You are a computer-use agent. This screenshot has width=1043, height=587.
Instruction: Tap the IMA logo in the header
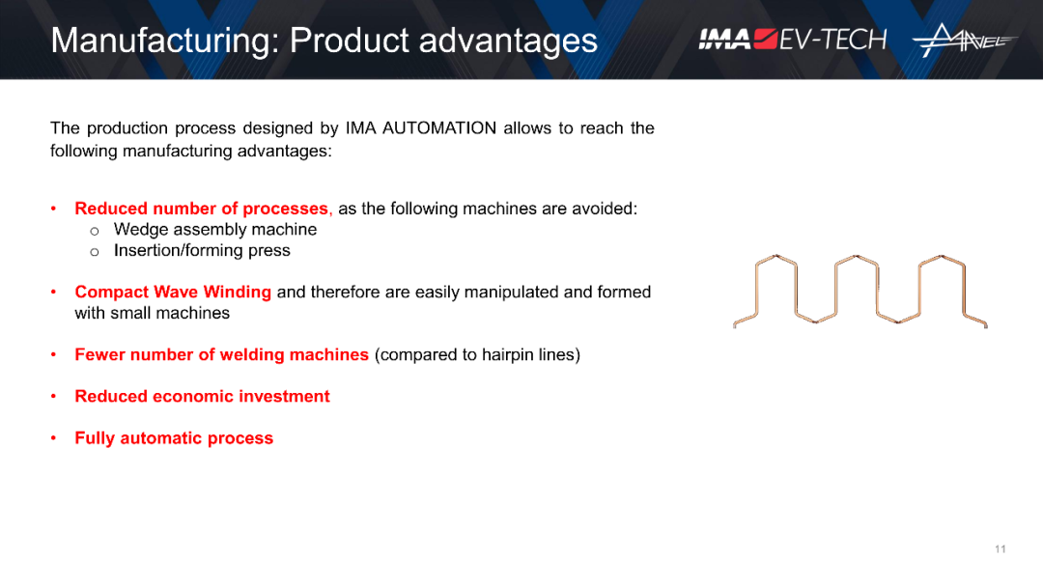click(x=738, y=40)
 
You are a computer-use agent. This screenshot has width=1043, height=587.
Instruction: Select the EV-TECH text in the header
click(x=832, y=40)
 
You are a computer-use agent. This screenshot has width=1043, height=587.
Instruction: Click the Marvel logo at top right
click(x=964, y=40)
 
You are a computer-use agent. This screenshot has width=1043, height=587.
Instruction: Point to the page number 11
click(x=1000, y=549)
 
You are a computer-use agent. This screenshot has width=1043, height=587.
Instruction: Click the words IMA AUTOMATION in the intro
click(x=420, y=127)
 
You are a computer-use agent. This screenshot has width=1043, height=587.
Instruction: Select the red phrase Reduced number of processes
click(x=202, y=209)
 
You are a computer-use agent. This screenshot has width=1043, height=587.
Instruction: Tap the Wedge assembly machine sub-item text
click(x=214, y=230)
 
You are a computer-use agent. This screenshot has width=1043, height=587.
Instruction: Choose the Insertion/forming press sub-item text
click(x=202, y=251)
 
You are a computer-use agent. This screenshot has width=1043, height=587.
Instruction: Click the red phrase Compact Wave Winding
click(x=173, y=292)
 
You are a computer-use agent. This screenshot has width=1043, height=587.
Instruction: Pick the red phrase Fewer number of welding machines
click(x=221, y=355)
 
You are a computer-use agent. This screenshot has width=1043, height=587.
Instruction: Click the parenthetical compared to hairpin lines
click(x=478, y=355)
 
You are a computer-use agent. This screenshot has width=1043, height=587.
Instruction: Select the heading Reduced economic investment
click(x=202, y=396)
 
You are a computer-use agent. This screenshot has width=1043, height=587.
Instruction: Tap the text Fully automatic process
click(x=174, y=438)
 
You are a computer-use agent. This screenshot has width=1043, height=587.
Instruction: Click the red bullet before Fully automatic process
click(x=54, y=438)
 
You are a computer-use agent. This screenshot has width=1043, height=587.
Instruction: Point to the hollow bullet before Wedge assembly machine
click(x=95, y=232)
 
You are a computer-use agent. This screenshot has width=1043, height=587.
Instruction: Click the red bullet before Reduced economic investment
click(x=54, y=396)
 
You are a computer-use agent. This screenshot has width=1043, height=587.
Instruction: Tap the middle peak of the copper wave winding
click(x=857, y=257)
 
